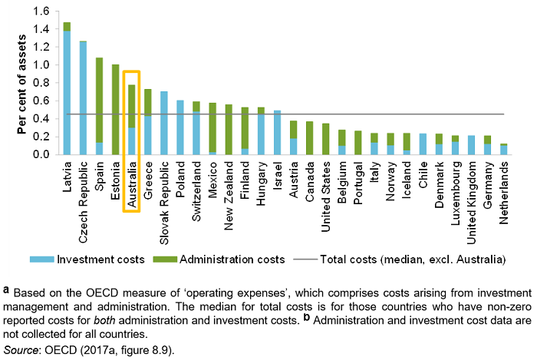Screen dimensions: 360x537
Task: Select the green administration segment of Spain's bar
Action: click(99, 100)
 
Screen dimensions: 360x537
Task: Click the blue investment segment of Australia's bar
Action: click(131, 141)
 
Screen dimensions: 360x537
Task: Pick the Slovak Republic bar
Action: click(163, 123)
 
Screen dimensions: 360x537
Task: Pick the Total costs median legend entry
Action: click(414, 259)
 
